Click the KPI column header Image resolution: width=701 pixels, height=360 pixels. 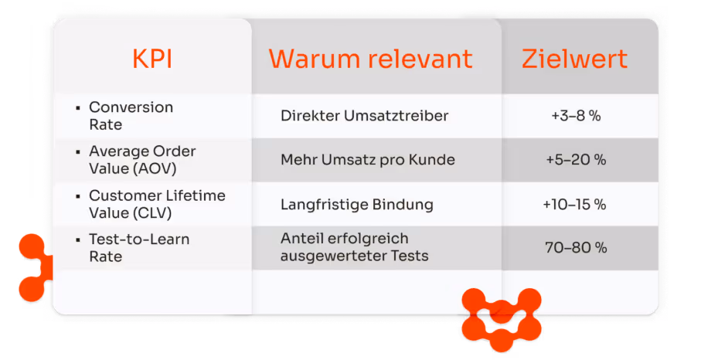pos(152,59)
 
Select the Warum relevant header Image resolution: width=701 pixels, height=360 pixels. pos(370,59)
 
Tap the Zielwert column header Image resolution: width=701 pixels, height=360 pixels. pos(574,59)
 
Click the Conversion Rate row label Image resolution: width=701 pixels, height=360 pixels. pos(131,115)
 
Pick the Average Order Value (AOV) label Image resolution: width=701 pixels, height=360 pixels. pos(142,159)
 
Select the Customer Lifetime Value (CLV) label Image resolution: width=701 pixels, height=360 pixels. pos(157,204)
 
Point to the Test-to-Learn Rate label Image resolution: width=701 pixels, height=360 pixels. pos(139,248)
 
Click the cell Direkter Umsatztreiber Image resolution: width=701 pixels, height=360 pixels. pos(365,116)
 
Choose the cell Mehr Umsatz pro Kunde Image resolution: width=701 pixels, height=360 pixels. pos(368,160)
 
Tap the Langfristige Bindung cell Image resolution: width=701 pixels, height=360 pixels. pos(357,205)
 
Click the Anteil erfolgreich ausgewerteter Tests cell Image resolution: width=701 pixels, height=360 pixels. pos(354,247)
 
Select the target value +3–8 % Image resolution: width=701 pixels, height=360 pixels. pos(576,116)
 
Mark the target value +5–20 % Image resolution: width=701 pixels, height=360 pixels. pos(576,160)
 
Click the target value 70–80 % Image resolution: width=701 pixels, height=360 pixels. pos(576,248)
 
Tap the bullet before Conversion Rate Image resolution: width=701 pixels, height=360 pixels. pos(78,107)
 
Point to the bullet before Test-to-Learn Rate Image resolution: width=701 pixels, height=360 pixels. pos(78,240)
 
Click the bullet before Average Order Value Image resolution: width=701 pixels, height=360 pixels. pos(78,151)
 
